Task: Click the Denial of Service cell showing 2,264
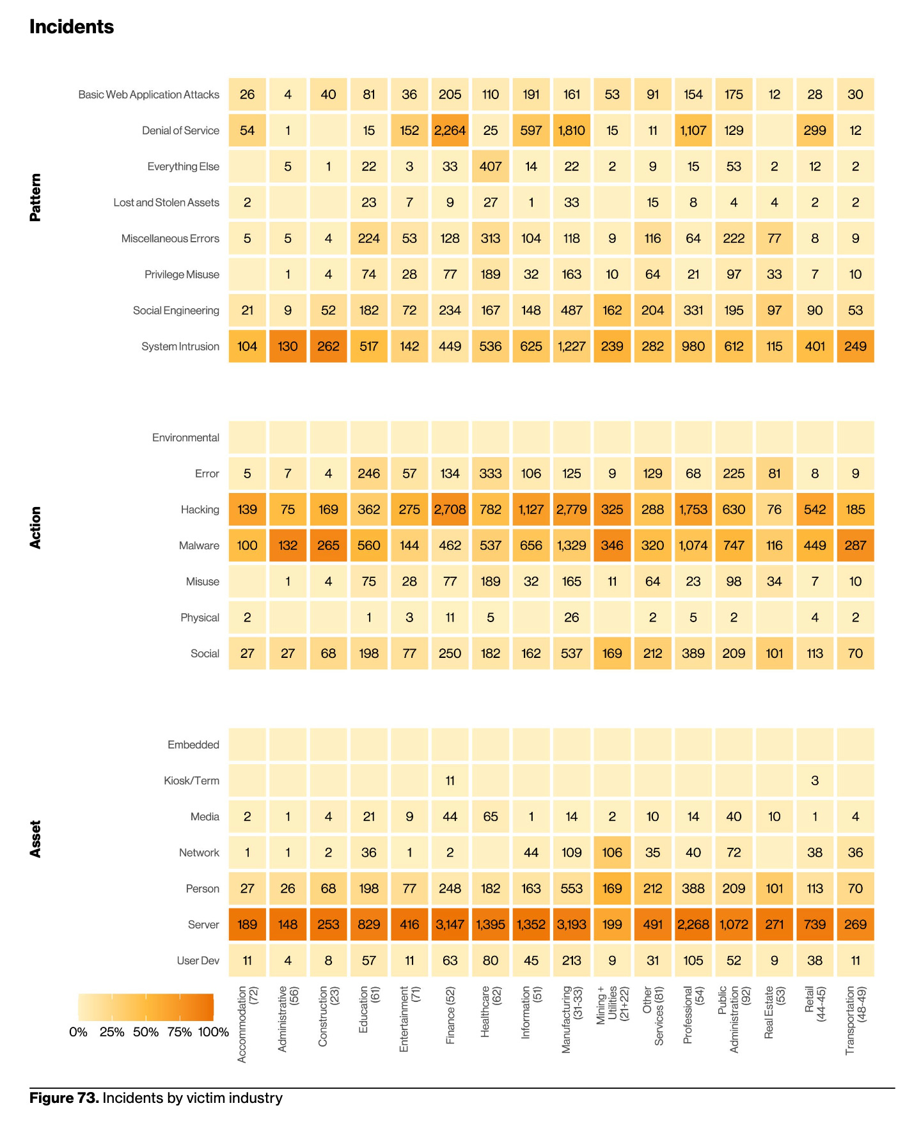(x=450, y=130)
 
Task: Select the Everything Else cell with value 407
(x=491, y=166)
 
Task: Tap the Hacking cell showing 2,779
(x=571, y=510)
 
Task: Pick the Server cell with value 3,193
(x=571, y=925)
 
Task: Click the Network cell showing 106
(x=612, y=852)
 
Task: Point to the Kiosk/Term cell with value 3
(x=815, y=781)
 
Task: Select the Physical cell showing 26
(x=571, y=618)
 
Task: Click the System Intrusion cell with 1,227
(x=571, y=347)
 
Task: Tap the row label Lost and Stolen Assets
(x=166, y=203)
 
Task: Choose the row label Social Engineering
(x=176, y=311)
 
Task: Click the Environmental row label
(x=185, y=438)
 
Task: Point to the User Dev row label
(x=198, y=961)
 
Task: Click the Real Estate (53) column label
(x=774, y=1011)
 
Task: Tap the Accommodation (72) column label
(x=247, y=1023)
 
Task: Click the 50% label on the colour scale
(x=146, y=1033)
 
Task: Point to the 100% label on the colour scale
(x=214, y=1033)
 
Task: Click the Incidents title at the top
(x=72, y=27)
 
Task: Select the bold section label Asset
(x=36, y=839)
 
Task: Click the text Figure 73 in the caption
(x=64, y=1098)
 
